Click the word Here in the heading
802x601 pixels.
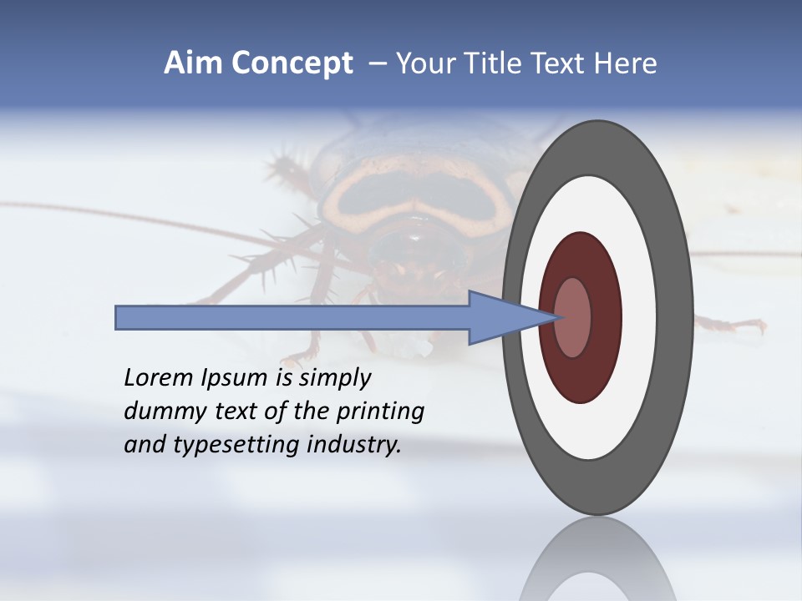[x=626, y=63]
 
